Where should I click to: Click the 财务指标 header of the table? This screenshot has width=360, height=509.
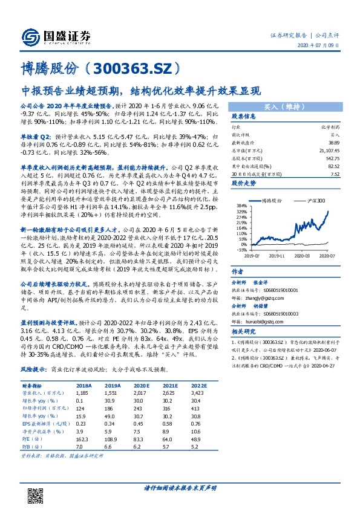click(32, 384)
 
